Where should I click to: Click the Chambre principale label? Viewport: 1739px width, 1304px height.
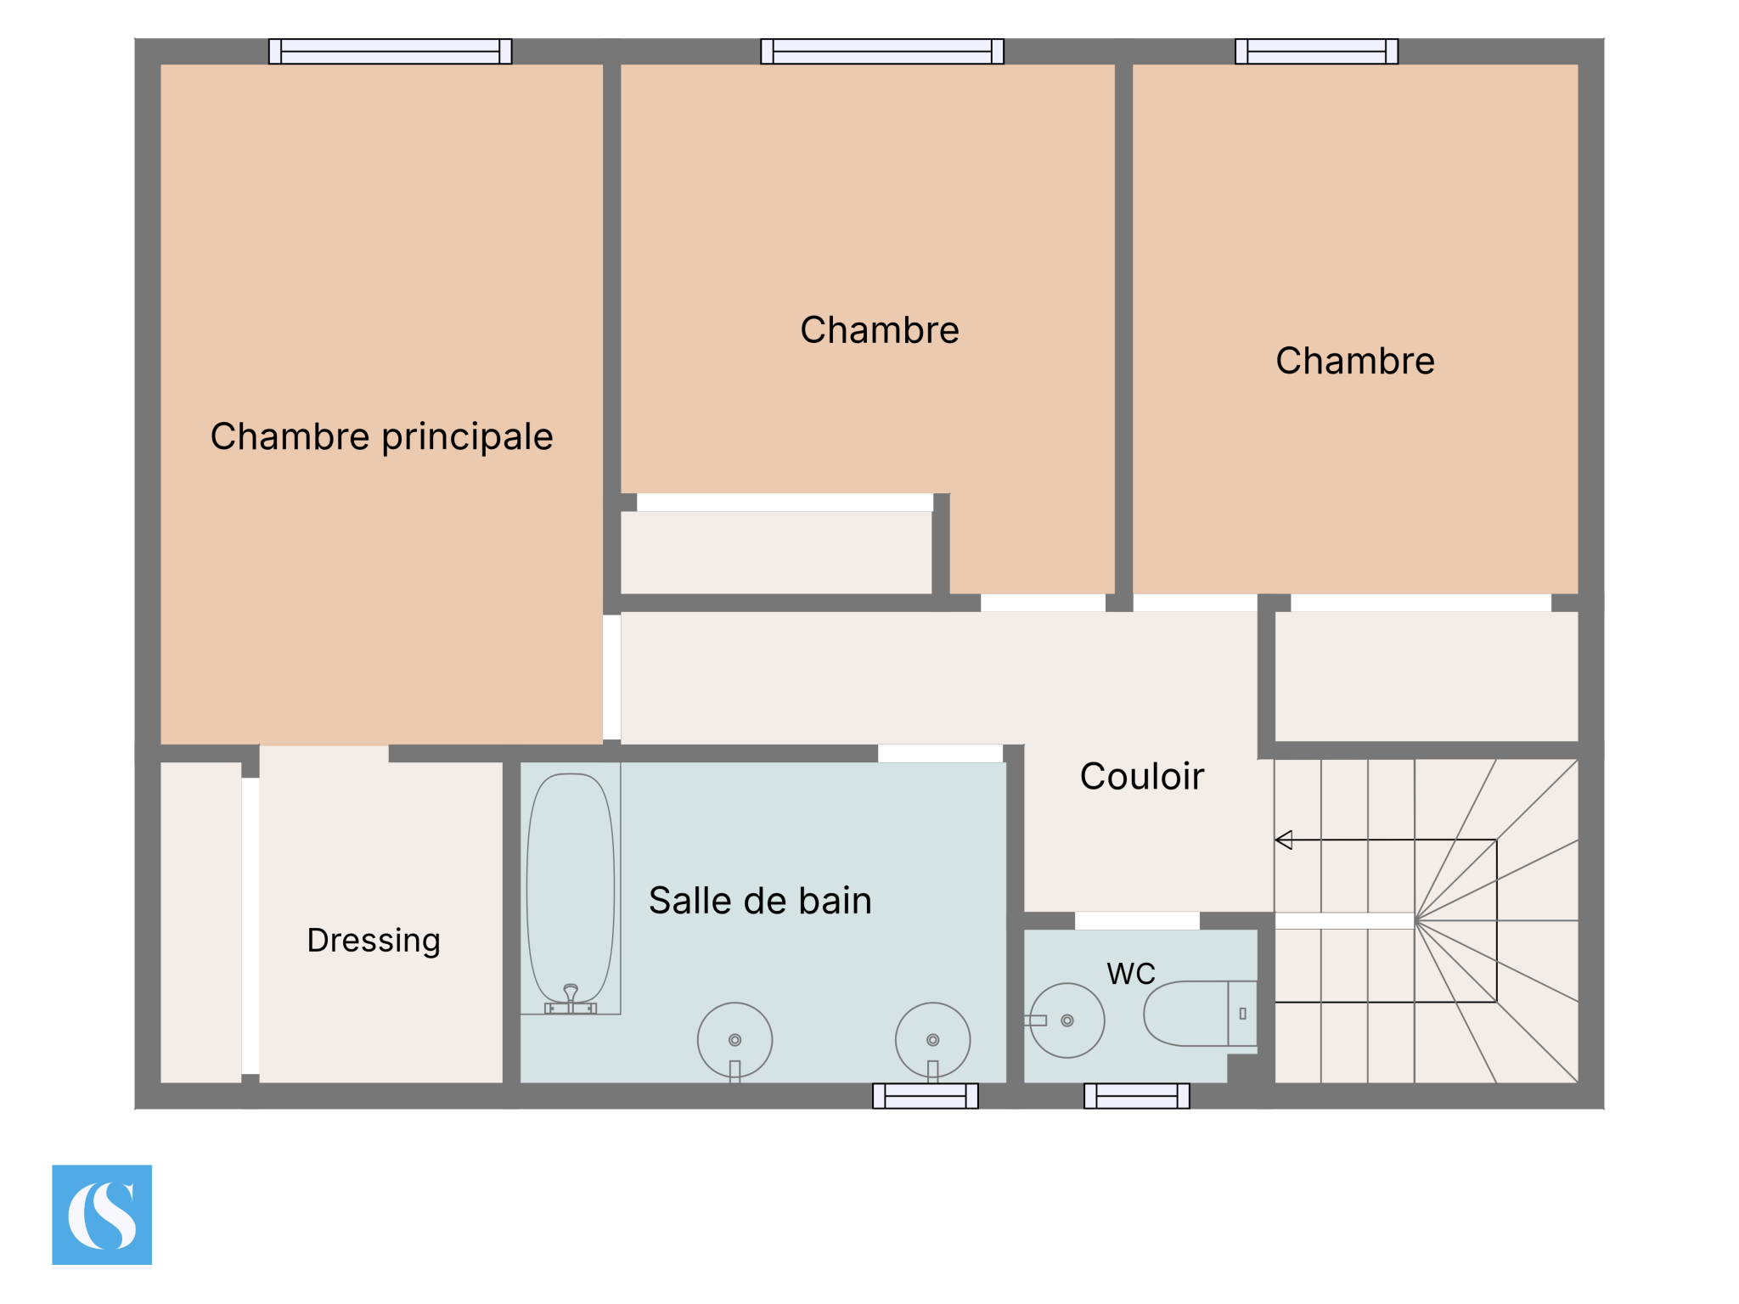tap(381, 437)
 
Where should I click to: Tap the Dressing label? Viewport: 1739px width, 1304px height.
tap(374, 941)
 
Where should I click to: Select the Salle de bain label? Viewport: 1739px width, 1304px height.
tap(760, 901)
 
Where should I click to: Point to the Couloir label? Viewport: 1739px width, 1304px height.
tap(1142, 776)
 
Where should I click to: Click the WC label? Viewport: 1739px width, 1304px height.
tap(1131, 974)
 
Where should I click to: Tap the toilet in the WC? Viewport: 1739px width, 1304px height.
tap(1200, 1014)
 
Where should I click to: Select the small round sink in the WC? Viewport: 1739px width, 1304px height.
tap(1067, 1020)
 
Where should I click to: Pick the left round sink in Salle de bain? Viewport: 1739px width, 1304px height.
tap(735, 1040)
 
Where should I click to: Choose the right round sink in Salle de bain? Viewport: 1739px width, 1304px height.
tap(933, 1040)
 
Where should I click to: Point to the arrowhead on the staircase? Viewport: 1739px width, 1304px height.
tap(1283, 840)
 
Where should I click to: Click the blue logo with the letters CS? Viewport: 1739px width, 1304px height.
tap(102, 1215)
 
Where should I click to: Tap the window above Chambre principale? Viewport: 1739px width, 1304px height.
tap(391, 52)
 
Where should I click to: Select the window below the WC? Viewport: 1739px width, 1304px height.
tap(1137, 1096)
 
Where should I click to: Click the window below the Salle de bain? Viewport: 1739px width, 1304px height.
tap(926, 1096)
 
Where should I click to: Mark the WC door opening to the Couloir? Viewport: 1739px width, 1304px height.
tap(1138, 921)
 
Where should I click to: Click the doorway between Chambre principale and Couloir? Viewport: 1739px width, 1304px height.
tap(612, 677)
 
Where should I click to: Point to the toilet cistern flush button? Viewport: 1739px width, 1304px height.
tap(1242, 1014)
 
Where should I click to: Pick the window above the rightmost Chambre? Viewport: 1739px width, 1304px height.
tap(1317, 52)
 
